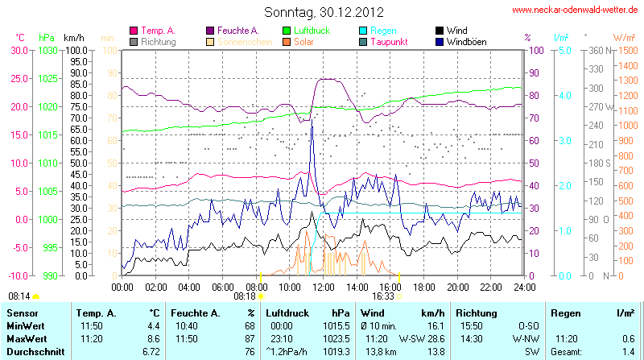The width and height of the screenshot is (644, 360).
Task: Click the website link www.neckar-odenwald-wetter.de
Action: [x=576, y=10]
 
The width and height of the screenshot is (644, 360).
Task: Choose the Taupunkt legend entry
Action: [x=390, y=41]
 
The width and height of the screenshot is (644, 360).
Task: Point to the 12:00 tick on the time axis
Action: [x=324, y=286]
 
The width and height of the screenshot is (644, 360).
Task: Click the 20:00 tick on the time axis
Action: [x=457, y=286]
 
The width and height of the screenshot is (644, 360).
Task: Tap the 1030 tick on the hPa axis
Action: [x=47, y=50]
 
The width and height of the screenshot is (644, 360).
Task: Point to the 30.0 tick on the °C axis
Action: [x=19, y=50]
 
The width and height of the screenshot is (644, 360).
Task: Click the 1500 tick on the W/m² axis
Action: [x=625, y=50]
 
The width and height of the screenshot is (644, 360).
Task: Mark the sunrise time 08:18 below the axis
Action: [x=244, y=296]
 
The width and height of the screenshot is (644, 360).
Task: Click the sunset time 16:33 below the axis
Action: [x=382, y=296]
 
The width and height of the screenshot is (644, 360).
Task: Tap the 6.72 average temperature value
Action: [x=151, y=352]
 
